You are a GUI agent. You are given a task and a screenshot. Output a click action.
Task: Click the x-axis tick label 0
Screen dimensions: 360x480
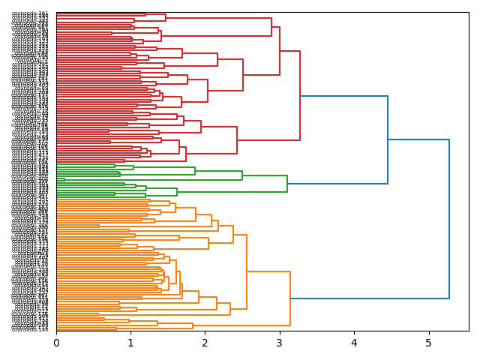pyautogui.click(x=56, y=343)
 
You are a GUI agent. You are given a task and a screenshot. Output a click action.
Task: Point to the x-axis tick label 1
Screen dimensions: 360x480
pyautogui.click(x=130, y=343)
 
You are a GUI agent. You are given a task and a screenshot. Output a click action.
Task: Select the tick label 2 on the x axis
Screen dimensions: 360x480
pyautogui.click(x=205, y=343)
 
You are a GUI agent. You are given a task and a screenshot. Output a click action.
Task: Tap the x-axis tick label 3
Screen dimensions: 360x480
pyautogui.click(x=280, y=343)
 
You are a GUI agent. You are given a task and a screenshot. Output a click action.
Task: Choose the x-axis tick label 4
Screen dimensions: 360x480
pyautogui.click(x=354, y=343)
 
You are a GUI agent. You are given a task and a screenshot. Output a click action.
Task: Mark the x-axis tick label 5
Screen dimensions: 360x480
pyautogui.click(x=428, y=343)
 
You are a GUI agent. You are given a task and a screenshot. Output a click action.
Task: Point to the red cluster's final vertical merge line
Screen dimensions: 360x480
pyautogui.click(x=300, y=95)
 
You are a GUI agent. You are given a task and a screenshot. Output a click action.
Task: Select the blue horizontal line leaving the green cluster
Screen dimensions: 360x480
pyautogui.click(x=337, y=184)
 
